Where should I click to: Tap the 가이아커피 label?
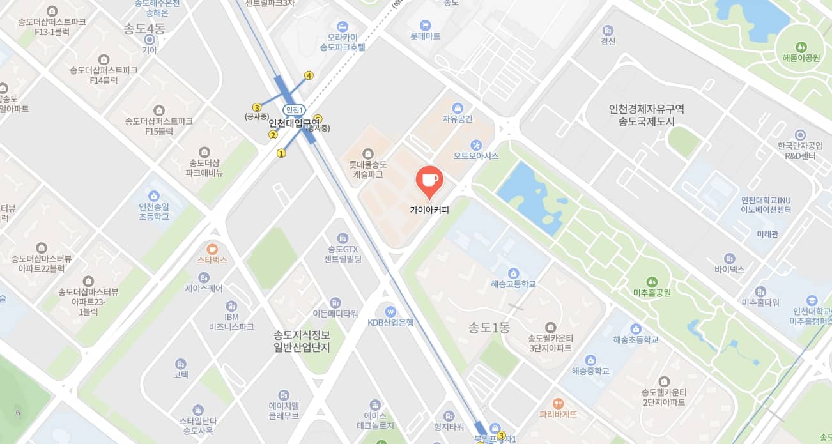[x=429, y=209]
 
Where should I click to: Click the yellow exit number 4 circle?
[x=309, y=75]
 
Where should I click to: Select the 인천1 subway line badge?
[x=295, y=110]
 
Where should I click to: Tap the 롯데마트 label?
[x=425, y=36]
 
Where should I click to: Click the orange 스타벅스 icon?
[x=212, y=249]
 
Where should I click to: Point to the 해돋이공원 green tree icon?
[x=801, y=47]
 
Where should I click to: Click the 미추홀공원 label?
[x=651, y=293]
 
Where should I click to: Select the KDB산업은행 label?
[x=390, y=323]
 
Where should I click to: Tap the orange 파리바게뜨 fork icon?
[x=559, y=403]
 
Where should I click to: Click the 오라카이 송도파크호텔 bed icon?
[x=343, y=26]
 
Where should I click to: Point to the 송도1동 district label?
[x=489, y=328]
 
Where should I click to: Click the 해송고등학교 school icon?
[x=513, y=273]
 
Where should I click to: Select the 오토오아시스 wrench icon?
[x=476, y=144]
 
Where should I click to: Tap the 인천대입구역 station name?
[x=294, y=123]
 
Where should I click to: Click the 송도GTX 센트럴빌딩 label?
[x=344, y=254]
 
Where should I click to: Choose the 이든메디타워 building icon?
[x=335, y=302]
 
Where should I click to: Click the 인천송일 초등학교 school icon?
[x=153, y=196]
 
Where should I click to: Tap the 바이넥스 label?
[x=730, y=270]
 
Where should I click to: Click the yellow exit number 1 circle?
[x=281, y=153]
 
